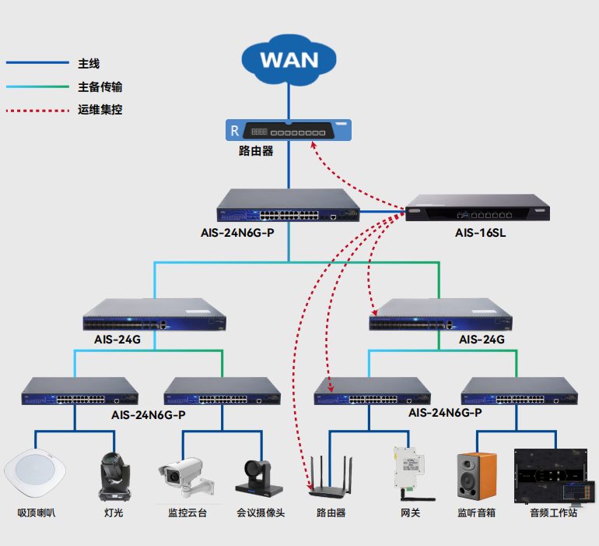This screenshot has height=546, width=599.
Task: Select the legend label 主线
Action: pyautogui.click(x=89, y=63)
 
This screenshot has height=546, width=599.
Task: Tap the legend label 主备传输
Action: pyautogui.click(x=100, y=86)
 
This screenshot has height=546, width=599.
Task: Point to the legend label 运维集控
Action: pyautogui.click(x=100, y=110)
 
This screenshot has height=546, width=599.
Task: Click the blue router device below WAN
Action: pyautogui.click(x=288, y=130)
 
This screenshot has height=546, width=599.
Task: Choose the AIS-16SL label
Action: pyautogui.click(x=480, y=233)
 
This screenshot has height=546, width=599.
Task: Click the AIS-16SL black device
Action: pyautogui.click(x=477, y=208)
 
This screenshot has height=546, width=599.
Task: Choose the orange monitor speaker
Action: pyautogui.click(x=476, y=476)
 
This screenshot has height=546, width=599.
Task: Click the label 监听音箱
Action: pyautogui.click(x=476, y=513)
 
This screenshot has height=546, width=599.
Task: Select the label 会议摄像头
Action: pyautogui.click(x=261, y=513)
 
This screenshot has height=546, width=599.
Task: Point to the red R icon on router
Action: pyautogui.click(x=233, y=129)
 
